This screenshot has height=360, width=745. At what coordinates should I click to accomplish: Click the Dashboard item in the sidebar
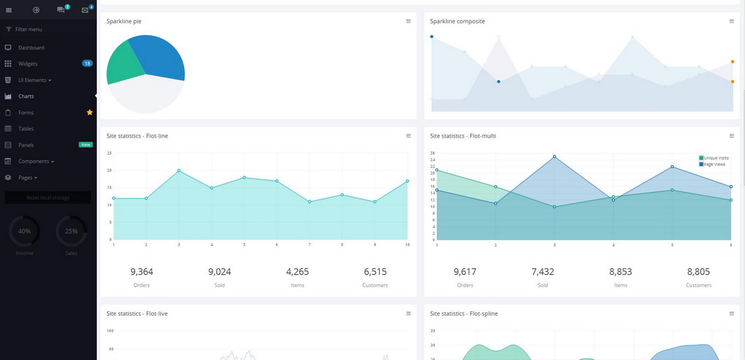(31, 47)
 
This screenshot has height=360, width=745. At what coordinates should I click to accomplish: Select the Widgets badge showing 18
(87, 63)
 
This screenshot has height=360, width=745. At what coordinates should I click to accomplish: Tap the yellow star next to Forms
(89, 112)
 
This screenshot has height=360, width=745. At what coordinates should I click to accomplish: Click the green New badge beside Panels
(86, 145)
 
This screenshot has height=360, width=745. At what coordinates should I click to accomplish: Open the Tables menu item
(26, 129)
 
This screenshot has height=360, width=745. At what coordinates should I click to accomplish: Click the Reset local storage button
(48, 197)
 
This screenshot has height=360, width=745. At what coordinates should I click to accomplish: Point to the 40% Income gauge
(25, 231)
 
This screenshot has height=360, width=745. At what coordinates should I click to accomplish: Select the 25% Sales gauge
(71, 231)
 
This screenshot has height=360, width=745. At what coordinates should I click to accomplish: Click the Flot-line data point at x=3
(179, 171)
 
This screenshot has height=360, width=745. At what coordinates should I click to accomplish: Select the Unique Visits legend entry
(716, 158)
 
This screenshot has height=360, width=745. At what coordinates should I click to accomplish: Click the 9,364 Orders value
(142, 272)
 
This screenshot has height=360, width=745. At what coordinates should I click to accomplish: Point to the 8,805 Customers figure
(698, 272)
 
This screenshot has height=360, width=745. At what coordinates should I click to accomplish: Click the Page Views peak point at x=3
(554, 156)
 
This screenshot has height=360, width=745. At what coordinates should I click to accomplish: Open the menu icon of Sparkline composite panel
(731, 21)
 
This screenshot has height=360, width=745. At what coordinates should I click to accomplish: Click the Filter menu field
(29, 29)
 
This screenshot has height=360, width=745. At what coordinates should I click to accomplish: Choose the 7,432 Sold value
(543, 272)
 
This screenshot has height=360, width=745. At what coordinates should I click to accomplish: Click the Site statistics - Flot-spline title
(464, 313)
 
